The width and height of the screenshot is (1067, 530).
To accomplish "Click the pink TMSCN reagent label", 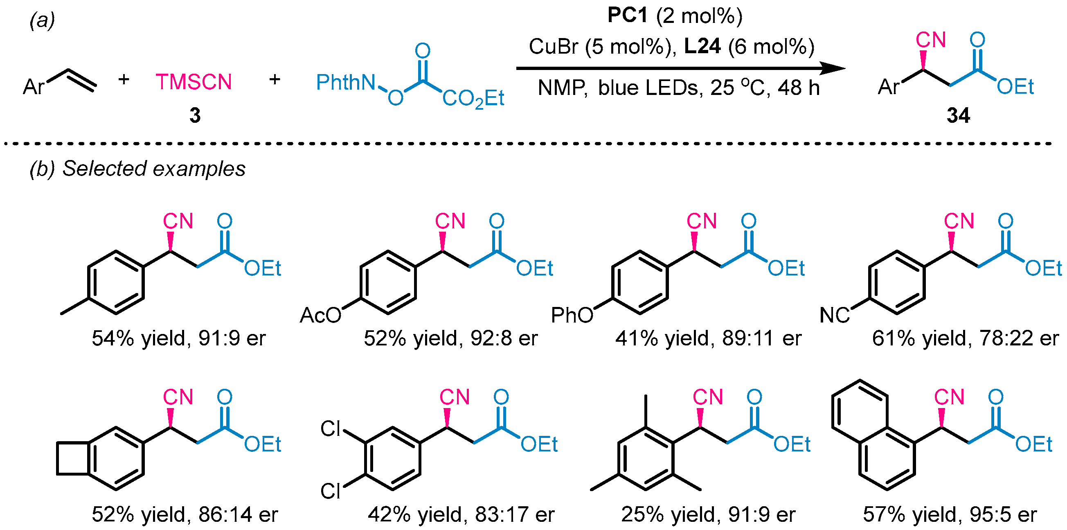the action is coord(194,82).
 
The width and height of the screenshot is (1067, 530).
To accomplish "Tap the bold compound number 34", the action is coord(958,115).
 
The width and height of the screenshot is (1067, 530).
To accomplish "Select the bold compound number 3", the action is coord(195,115).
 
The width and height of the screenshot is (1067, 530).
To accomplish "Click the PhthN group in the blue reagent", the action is coord(345,82).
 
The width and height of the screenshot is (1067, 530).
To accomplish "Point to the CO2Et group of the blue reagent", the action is coord(473,99).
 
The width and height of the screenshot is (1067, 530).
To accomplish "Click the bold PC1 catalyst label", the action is coord(627,16).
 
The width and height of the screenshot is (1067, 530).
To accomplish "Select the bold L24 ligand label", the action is coord(702,46).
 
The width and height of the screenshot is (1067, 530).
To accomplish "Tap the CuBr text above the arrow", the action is coord(553,46).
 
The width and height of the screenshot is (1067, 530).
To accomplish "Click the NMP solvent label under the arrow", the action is coord(562,88).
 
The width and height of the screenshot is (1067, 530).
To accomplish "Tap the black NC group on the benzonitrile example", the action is coord(834,316).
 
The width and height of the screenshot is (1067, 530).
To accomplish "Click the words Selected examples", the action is coord(154,169).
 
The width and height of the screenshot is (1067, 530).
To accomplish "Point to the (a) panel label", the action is coord(42,21).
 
